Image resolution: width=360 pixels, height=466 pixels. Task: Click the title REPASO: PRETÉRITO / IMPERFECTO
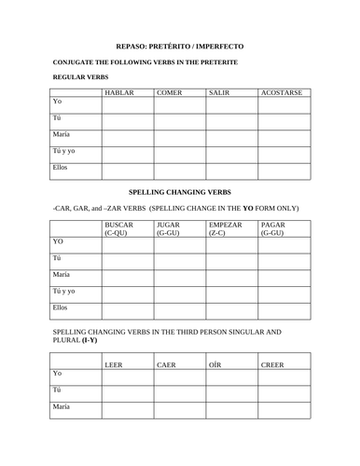(x=179, y=45)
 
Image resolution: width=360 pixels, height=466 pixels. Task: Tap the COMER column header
(x=170, y=93)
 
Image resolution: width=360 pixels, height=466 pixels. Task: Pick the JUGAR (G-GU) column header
(x=170, y=229)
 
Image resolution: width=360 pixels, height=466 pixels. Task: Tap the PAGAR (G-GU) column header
(x=274, y=229)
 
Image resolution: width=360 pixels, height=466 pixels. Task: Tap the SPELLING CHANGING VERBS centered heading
(x=179, y=187)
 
